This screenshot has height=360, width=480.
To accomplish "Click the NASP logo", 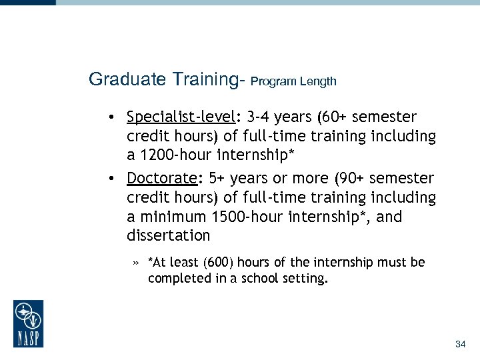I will [x=28, y=323].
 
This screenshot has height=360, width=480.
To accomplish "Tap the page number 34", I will [x=460, y=345].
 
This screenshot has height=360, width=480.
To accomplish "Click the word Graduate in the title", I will [x=120, y=80].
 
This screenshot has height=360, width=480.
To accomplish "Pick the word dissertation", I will [x=168, y=236].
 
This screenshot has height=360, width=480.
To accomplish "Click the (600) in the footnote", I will [x=217, y=263].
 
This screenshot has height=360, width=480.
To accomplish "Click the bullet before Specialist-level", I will [x=115, y=118].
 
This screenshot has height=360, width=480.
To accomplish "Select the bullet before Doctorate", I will [x=115, y=179].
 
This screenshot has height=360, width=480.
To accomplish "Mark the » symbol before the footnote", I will [x=135, y=263].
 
